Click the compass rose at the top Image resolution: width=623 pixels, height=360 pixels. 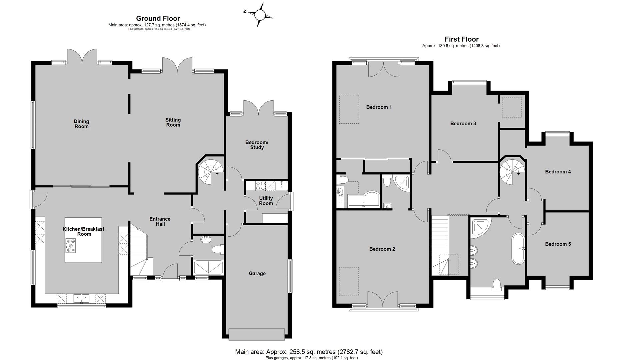point(259,15)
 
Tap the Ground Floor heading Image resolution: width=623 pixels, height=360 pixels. point(158,19)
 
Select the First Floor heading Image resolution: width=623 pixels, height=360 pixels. point(462,39)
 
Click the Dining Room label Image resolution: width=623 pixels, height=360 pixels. point(81,124)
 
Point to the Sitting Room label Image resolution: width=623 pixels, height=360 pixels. point(173,122)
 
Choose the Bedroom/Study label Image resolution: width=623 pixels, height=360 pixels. point(257,145)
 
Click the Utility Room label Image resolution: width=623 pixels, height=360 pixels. point(266,201)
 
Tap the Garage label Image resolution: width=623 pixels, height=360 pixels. point(257,273)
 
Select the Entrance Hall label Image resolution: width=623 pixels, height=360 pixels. point(160,221)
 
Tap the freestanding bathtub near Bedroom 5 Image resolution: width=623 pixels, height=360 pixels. point(518,249)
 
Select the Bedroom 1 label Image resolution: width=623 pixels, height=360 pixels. point(379,107)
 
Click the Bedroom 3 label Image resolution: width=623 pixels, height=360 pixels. point(463,123)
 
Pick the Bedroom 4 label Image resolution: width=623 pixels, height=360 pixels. point(558,172)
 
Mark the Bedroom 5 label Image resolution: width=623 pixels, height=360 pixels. point(558,244)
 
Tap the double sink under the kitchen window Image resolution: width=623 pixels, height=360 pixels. point(82,298)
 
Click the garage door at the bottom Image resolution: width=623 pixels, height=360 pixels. point(257,334)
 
